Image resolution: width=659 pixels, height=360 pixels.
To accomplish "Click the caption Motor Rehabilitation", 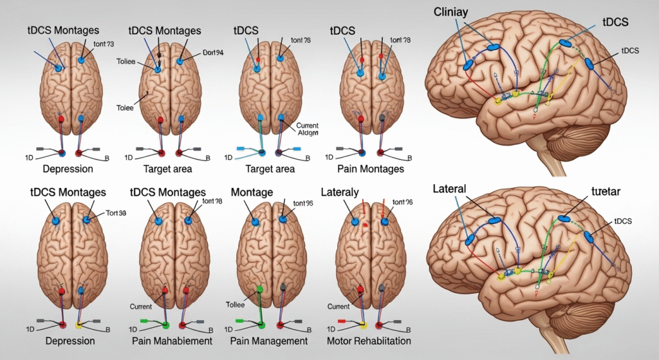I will [368, 341].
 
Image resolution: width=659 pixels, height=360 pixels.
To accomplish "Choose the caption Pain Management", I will [270, 341].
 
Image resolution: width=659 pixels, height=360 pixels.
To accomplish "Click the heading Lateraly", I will [339, 192].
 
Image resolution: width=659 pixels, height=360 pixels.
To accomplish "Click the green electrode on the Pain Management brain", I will [260, 289].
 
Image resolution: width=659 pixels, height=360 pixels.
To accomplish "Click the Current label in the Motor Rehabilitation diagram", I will [339, 307].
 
